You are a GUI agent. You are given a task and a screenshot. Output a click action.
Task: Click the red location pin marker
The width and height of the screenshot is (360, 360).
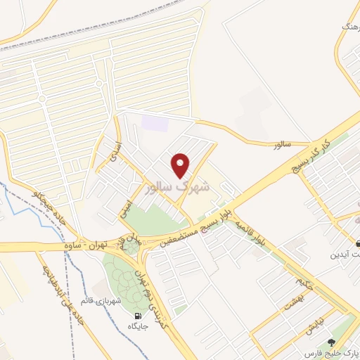pyautogui.click(x=181, y=165)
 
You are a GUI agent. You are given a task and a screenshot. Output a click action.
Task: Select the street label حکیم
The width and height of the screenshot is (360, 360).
pyautogui.click(x=301, y=285)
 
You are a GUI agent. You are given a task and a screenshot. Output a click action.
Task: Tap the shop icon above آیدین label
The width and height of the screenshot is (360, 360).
pyautogui.click(x=359, y=243)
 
